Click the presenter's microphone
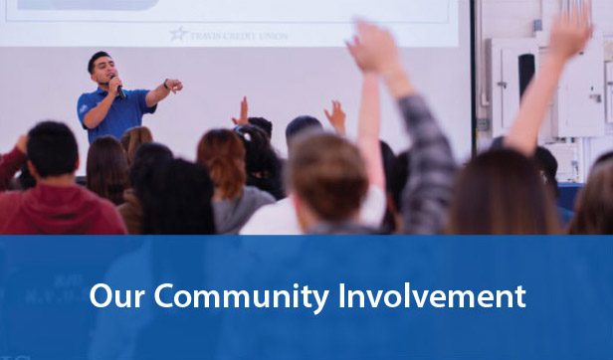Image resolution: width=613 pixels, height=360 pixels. (116, 83)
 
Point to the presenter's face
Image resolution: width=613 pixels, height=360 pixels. (101, 69)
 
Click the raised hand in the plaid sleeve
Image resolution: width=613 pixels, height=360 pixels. (373, 44)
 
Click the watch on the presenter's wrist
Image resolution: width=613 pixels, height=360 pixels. (164, 85)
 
